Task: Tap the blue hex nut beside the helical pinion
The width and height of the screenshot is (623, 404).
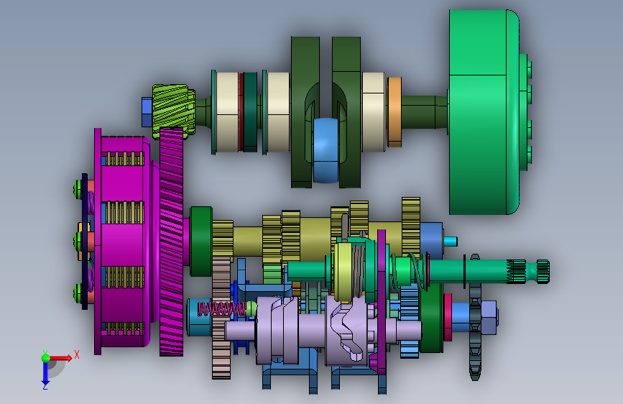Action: [147, 112]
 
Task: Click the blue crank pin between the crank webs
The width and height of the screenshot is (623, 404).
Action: [326, 150]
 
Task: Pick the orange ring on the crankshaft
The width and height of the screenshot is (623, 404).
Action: [394, 111]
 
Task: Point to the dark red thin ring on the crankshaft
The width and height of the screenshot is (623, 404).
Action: [241, 111]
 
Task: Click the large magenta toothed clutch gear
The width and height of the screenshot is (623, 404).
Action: [171, 242]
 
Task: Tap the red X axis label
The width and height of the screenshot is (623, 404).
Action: [77, 354]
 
